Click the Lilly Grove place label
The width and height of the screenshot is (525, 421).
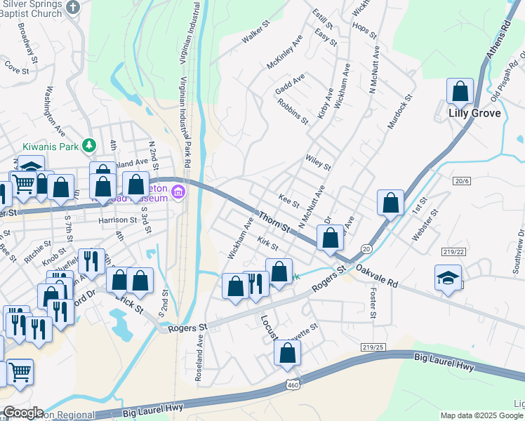[474, 113]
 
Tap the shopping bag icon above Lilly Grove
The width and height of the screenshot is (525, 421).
[460, 91]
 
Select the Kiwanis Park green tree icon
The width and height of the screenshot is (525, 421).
[88, 145]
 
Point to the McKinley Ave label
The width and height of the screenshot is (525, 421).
[284, 53]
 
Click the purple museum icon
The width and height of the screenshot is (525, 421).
[178, 192]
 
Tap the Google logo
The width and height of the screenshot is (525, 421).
[22, 413]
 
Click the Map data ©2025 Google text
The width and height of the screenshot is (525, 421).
[481, 415]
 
